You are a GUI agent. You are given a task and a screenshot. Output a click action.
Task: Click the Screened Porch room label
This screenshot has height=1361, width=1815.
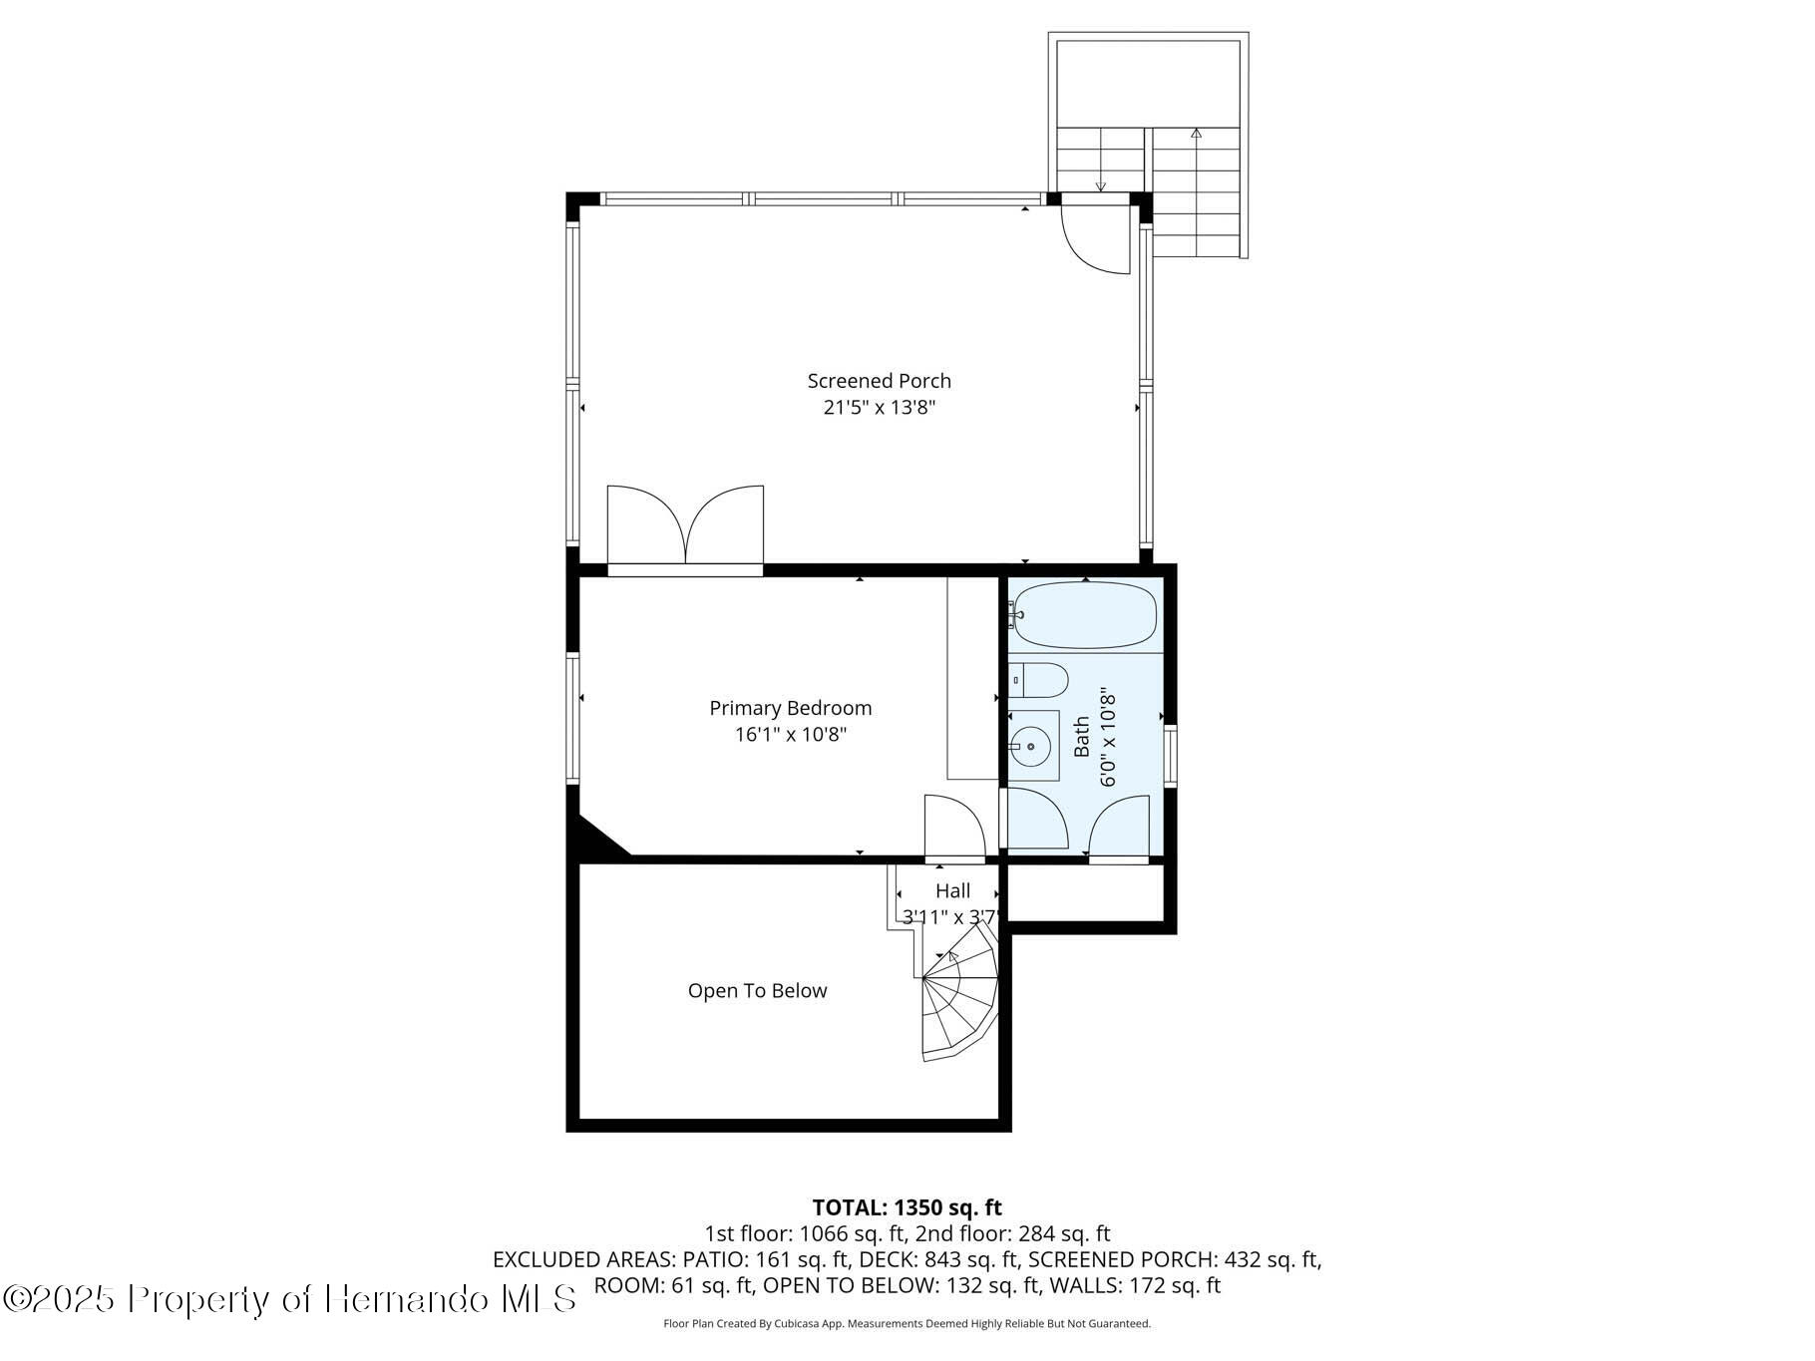coord(879,381)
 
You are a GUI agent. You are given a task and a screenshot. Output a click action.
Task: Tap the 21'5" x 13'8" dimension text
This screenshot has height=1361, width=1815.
coord(879,408)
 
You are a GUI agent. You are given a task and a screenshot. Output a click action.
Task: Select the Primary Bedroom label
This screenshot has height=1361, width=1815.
coord(790,708)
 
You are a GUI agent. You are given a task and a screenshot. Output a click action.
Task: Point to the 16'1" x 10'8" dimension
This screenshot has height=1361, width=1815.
coord(790,735)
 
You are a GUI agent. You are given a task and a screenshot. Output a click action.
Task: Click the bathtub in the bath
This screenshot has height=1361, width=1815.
coord(1085,615)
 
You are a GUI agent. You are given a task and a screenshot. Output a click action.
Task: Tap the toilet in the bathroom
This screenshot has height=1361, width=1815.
coord(1038,680)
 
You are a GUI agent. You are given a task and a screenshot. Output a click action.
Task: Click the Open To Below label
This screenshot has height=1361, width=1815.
coord(757,991)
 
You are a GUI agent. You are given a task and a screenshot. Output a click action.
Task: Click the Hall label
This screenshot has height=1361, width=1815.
coord(952,891)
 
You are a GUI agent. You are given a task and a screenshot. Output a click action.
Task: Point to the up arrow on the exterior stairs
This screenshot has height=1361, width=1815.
coord(1196,134)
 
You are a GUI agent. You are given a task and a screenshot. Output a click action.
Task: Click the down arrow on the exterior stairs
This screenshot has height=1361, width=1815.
coord(1100,184)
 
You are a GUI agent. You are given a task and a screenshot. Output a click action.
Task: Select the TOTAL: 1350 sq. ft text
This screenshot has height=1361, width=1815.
coord(907,1208)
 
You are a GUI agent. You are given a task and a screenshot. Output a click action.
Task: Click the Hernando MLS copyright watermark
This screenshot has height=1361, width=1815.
coord(290,1299)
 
